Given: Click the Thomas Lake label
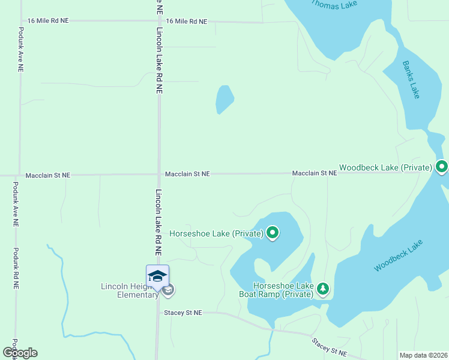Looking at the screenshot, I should click(334, 4).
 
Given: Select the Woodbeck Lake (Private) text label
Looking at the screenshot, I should click(385, 167).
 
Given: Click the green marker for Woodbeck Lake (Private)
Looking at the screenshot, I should click(442, 166).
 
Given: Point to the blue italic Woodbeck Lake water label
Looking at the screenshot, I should click(398, 256).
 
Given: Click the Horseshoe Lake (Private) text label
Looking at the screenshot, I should click(217, 233).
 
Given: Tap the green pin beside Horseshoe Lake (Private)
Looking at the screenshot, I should click(273, 232).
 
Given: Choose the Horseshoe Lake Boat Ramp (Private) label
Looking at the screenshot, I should click(283, 290).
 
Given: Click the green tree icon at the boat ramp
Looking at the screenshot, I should click(323, 289).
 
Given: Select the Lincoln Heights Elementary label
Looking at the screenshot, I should click(129, 290).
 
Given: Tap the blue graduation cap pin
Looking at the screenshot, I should click(157, 276).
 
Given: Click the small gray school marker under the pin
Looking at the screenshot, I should click(168, 290).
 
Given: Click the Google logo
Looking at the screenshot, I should click(20, 353).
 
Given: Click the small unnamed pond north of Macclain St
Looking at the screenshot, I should click(224, 98).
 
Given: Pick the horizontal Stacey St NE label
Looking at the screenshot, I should click(183, 313).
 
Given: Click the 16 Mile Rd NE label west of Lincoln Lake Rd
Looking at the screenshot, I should click(48, 20).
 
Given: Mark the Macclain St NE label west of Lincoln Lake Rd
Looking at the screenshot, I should click(48, 175).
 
